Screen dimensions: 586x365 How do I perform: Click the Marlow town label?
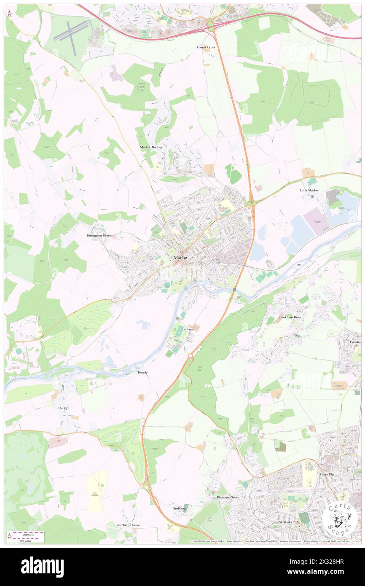[181, 258]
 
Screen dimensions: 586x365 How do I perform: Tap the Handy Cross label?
[206, 47]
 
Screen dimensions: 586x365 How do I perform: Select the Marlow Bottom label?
[151, 147]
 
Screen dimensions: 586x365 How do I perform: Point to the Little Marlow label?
[309, 191]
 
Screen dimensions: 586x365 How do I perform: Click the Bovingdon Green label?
[99, 235]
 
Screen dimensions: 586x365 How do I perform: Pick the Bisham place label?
[188, 328]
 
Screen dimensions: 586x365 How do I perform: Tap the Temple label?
[142, 373]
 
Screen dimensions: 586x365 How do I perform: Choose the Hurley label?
[63, 409]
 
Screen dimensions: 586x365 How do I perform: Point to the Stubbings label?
[180, 508]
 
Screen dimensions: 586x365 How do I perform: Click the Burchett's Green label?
[129, 525]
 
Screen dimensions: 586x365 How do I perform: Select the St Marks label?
[285, 522]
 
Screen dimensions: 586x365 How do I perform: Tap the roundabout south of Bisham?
[190, 356]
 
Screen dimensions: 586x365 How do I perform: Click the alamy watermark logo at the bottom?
[42, 567]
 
